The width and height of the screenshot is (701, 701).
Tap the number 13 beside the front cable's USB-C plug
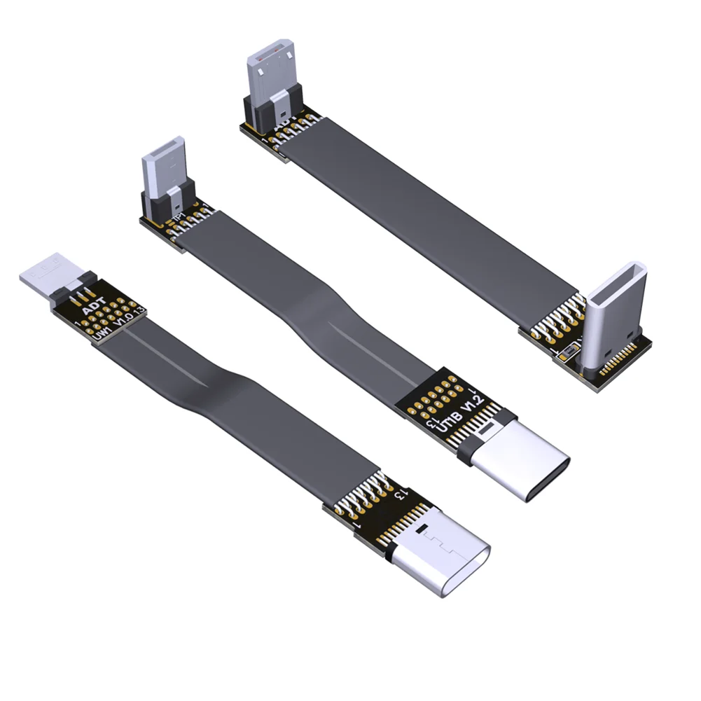click(x=401, y=494)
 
